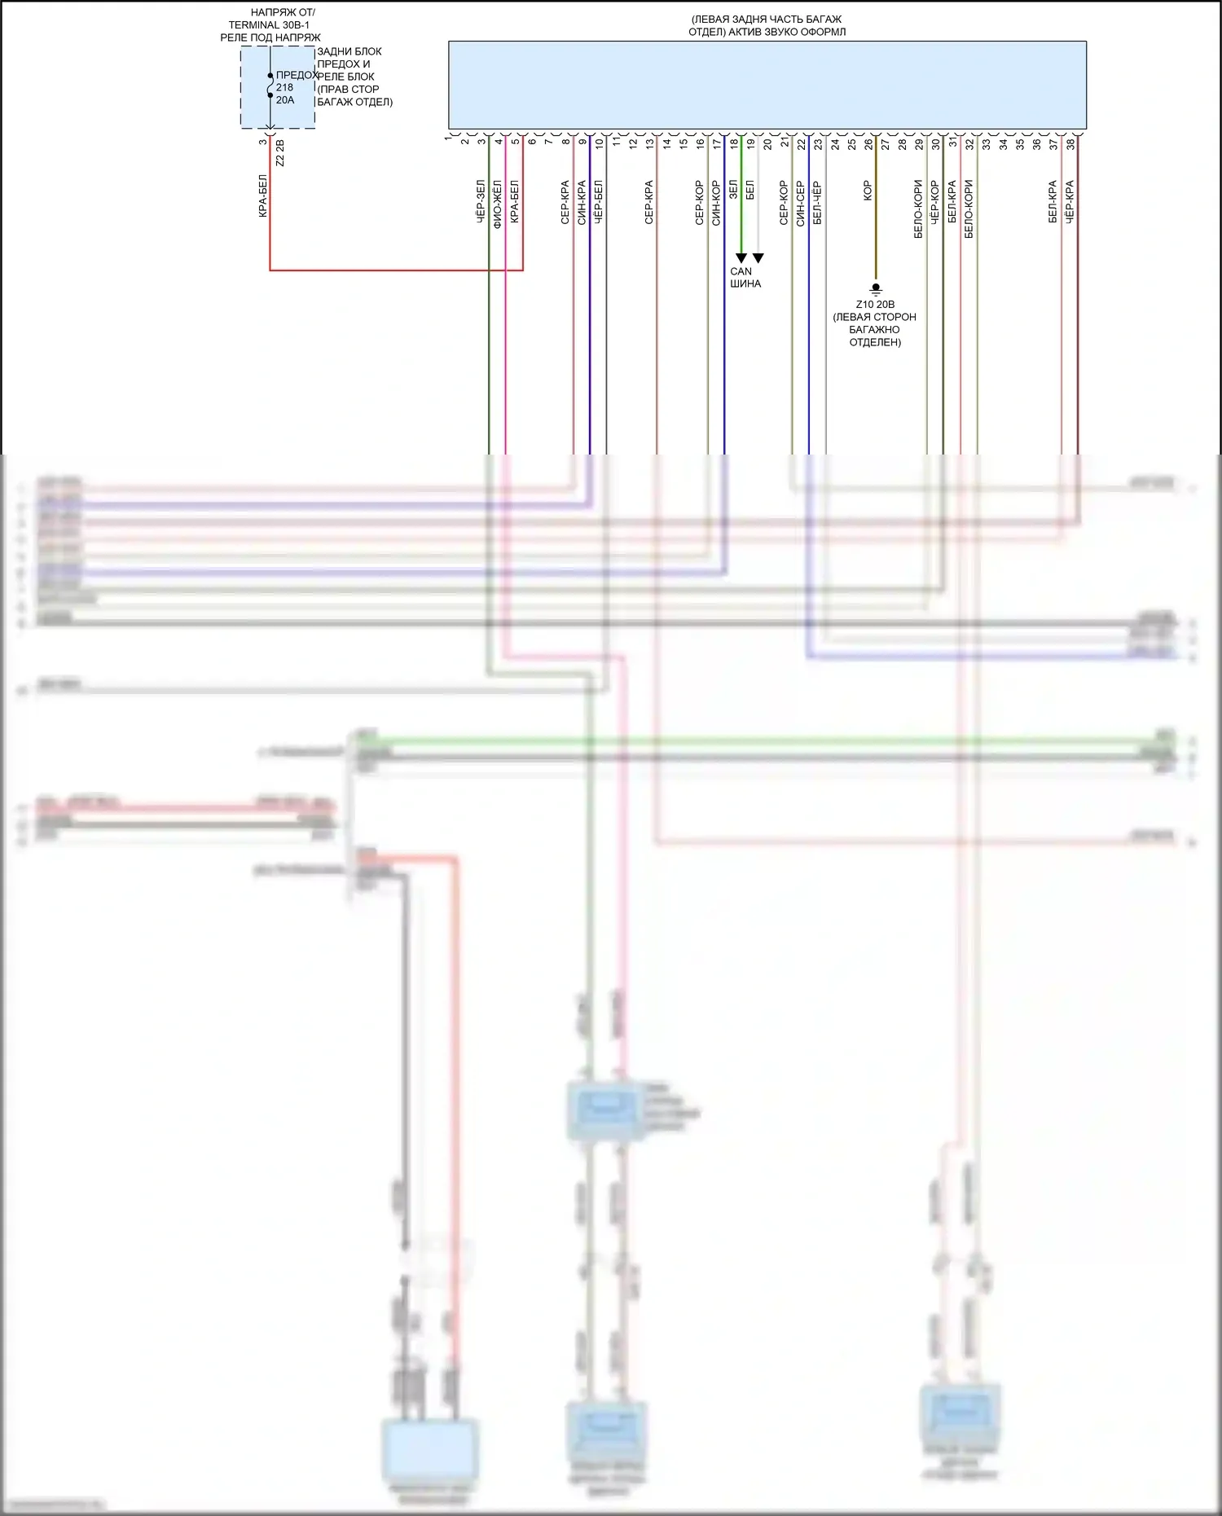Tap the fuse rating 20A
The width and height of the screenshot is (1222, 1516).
285,100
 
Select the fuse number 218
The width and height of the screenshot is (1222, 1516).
284,87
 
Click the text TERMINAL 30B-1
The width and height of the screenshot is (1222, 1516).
269,25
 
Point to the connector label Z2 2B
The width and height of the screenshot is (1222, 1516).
280,153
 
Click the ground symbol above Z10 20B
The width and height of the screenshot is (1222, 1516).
876,288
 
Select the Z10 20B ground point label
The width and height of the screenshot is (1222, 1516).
875,304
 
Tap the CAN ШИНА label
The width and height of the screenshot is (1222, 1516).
745,278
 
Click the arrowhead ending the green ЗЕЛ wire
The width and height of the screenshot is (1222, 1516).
741,258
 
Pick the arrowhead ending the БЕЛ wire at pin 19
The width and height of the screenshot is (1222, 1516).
758,258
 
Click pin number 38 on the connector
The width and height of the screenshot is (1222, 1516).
1070,143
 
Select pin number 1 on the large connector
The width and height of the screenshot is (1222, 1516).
448,139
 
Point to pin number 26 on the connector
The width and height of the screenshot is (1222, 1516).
868,143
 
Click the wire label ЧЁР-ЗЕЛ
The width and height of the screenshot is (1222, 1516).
481,202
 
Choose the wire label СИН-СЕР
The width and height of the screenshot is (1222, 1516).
801,203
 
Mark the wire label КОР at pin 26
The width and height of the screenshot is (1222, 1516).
868,191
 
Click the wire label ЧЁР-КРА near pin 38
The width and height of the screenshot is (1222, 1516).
1070,202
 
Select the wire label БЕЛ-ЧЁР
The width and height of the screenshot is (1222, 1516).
817,203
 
